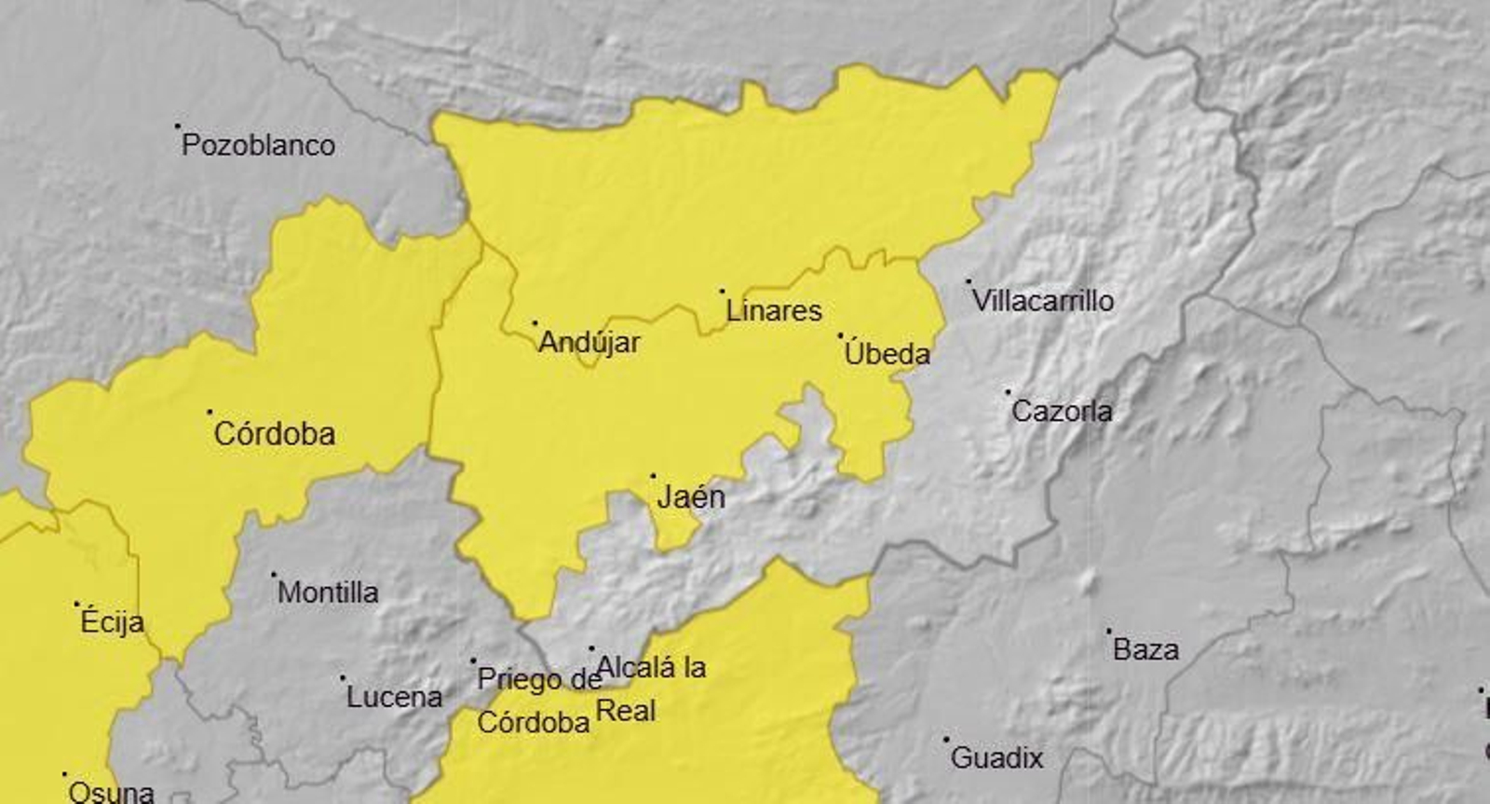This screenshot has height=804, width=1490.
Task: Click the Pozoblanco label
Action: [258, 145]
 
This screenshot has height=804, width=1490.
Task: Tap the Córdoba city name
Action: [274, 434]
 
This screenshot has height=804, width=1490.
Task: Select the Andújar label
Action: [589, 343]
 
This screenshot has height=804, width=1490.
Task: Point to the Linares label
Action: [773, 311]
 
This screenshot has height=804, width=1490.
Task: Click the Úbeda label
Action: [887, 354]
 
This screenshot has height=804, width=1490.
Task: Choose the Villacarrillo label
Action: [1042, 301]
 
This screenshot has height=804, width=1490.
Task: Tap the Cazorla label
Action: [1062, 411]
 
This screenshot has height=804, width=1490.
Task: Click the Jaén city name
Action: [690, 497]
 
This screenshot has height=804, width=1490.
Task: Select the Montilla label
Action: [328, 593]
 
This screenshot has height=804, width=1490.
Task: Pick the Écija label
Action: [112, 622]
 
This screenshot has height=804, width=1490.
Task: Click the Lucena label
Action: [394, 697]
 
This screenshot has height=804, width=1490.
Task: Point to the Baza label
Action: [1145, 649]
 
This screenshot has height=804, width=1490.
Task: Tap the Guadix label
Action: [996, 758]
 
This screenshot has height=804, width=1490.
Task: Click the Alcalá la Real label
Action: [650, 688]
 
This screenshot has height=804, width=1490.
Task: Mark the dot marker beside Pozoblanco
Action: [178, 126]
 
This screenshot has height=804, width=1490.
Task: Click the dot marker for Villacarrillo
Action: [968, 280]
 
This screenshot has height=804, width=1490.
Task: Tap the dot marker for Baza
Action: [1108, 631]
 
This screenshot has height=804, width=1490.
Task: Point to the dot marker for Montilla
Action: [274, 574]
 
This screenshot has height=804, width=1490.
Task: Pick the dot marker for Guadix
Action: [946, 740]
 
